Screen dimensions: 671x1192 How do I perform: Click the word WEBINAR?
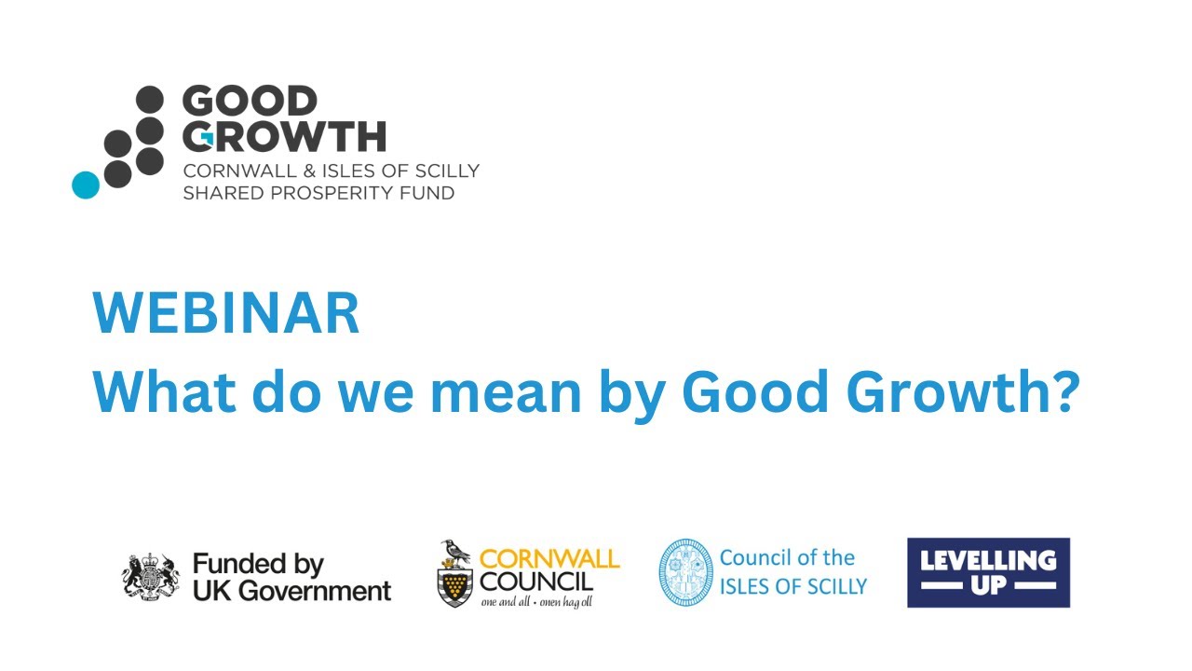[x=226, y=315]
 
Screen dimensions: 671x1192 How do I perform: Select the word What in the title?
[x=159, y=394]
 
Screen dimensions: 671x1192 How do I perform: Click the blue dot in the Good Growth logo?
[x=86, y=185]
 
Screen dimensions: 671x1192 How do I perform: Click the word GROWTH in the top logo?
[x=284, y=137]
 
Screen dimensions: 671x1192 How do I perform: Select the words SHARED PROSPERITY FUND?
[x=318, y=193]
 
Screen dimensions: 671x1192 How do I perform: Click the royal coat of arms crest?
[x=150, y=577]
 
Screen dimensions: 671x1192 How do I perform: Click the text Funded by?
[x=258, y=564]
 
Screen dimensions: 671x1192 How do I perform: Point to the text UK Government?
[x=291, y=591]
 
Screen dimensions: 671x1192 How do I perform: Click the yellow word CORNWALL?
[x=549, y=559]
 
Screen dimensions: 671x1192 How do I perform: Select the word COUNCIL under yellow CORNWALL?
[x=536, y=582]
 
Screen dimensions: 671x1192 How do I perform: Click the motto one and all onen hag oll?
[x=535, y=602]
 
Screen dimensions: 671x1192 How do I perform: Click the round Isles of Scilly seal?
[x=685, y=572]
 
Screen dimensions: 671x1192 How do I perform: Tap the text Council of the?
[x=787, y=557]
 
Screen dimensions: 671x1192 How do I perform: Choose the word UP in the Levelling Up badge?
[x=988, y=585]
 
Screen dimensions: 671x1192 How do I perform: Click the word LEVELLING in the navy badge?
[x=988, y=560]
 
